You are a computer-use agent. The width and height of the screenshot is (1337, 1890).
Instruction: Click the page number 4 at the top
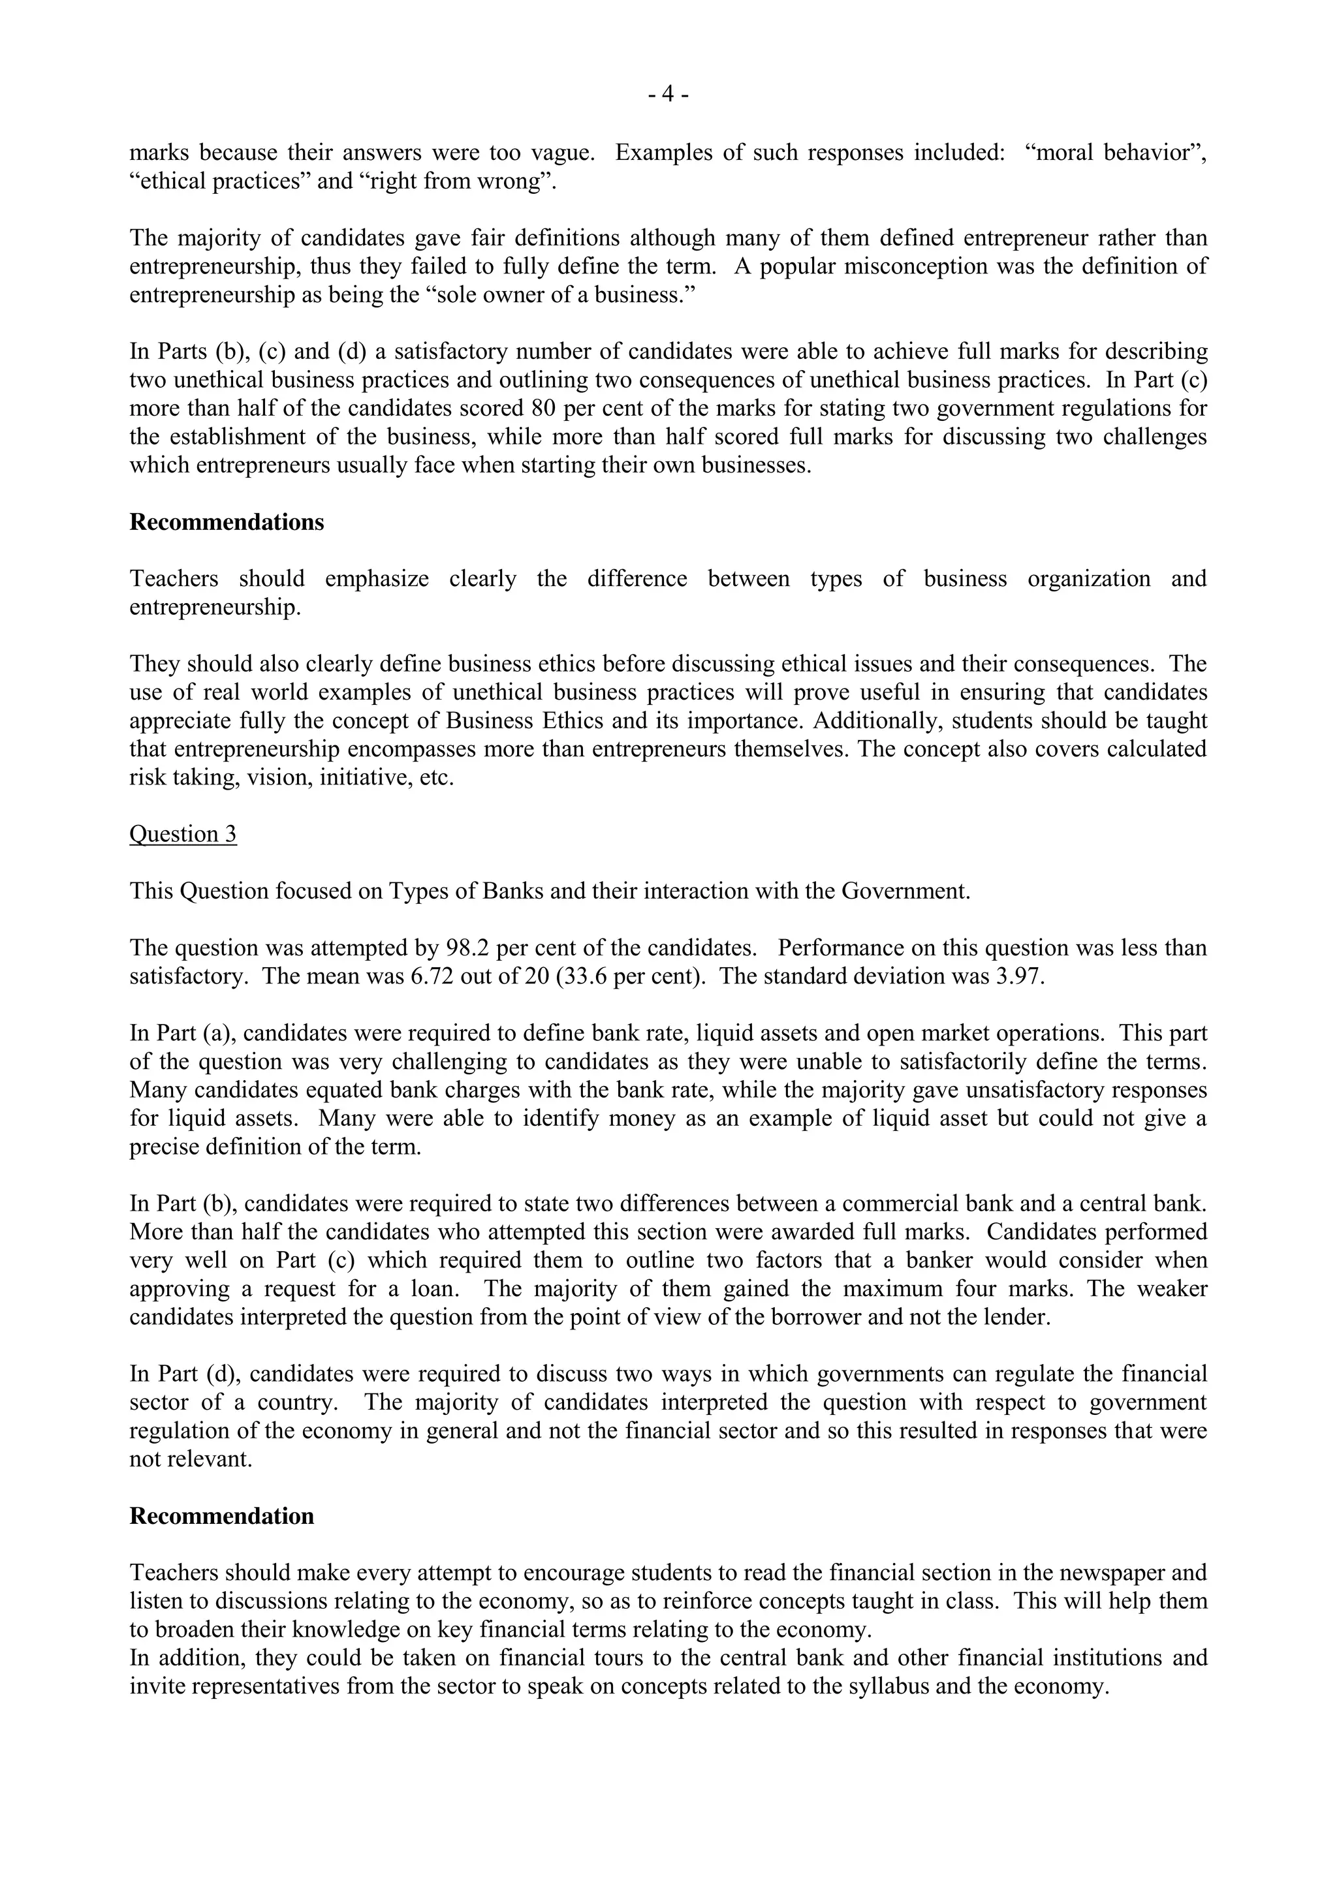coord(668,95)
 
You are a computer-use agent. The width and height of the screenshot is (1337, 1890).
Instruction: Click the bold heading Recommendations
coord(227,523)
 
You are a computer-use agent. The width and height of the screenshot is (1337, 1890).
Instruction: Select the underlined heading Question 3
coord(183,834)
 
